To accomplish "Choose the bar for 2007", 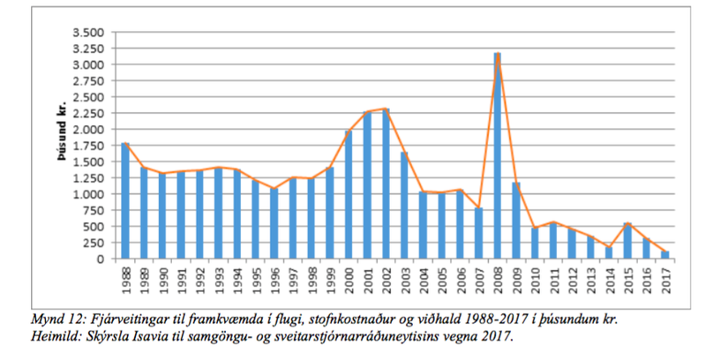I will click(x=477, y=234).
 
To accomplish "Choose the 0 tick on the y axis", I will click(x=103, y=259).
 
